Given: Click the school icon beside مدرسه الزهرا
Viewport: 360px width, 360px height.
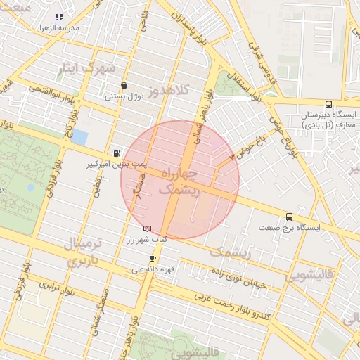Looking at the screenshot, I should coord(59,17).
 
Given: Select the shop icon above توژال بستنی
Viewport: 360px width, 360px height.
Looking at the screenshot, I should coord(124,86).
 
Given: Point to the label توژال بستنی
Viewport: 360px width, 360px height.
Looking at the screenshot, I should coord(124,96).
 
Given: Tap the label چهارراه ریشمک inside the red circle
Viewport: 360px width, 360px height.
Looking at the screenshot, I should coord(180,181).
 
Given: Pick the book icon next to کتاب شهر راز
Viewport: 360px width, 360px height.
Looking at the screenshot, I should coord(147,228).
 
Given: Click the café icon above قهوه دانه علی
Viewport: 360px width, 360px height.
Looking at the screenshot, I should coord(152,259).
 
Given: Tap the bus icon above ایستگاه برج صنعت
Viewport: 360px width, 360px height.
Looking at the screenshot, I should coord(289,217).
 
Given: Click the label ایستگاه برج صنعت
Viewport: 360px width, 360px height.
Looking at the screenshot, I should coord(289,228).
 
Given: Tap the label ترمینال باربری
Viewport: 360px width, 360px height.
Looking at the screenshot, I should coord(84,253).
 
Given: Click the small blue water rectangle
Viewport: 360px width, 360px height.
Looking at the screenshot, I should coord(79,137).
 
